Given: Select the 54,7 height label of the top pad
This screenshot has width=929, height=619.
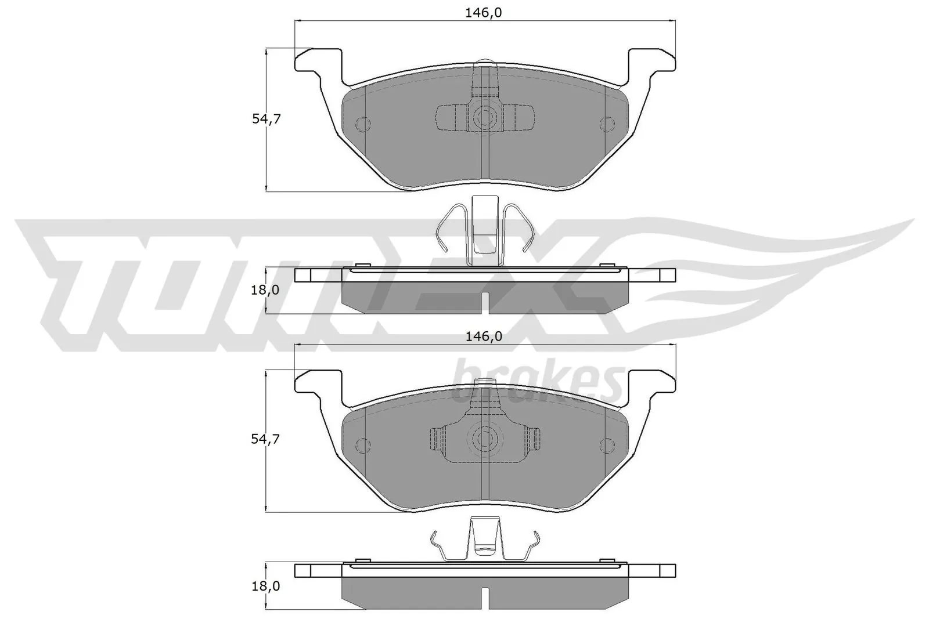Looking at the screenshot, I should [266, 119].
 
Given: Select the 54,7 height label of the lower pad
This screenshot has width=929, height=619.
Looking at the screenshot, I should [266, 440].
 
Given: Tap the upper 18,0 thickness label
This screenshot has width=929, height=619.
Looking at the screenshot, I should [266, 289].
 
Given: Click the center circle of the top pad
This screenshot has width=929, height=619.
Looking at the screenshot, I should [484, 118].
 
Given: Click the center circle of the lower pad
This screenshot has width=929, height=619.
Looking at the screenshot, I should [484, 439].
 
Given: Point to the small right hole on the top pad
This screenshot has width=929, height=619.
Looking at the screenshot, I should [607, 124].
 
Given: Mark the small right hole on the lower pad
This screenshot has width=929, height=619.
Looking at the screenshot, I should [607, 445].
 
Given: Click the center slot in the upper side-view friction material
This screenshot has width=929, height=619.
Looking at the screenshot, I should [485, 302].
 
